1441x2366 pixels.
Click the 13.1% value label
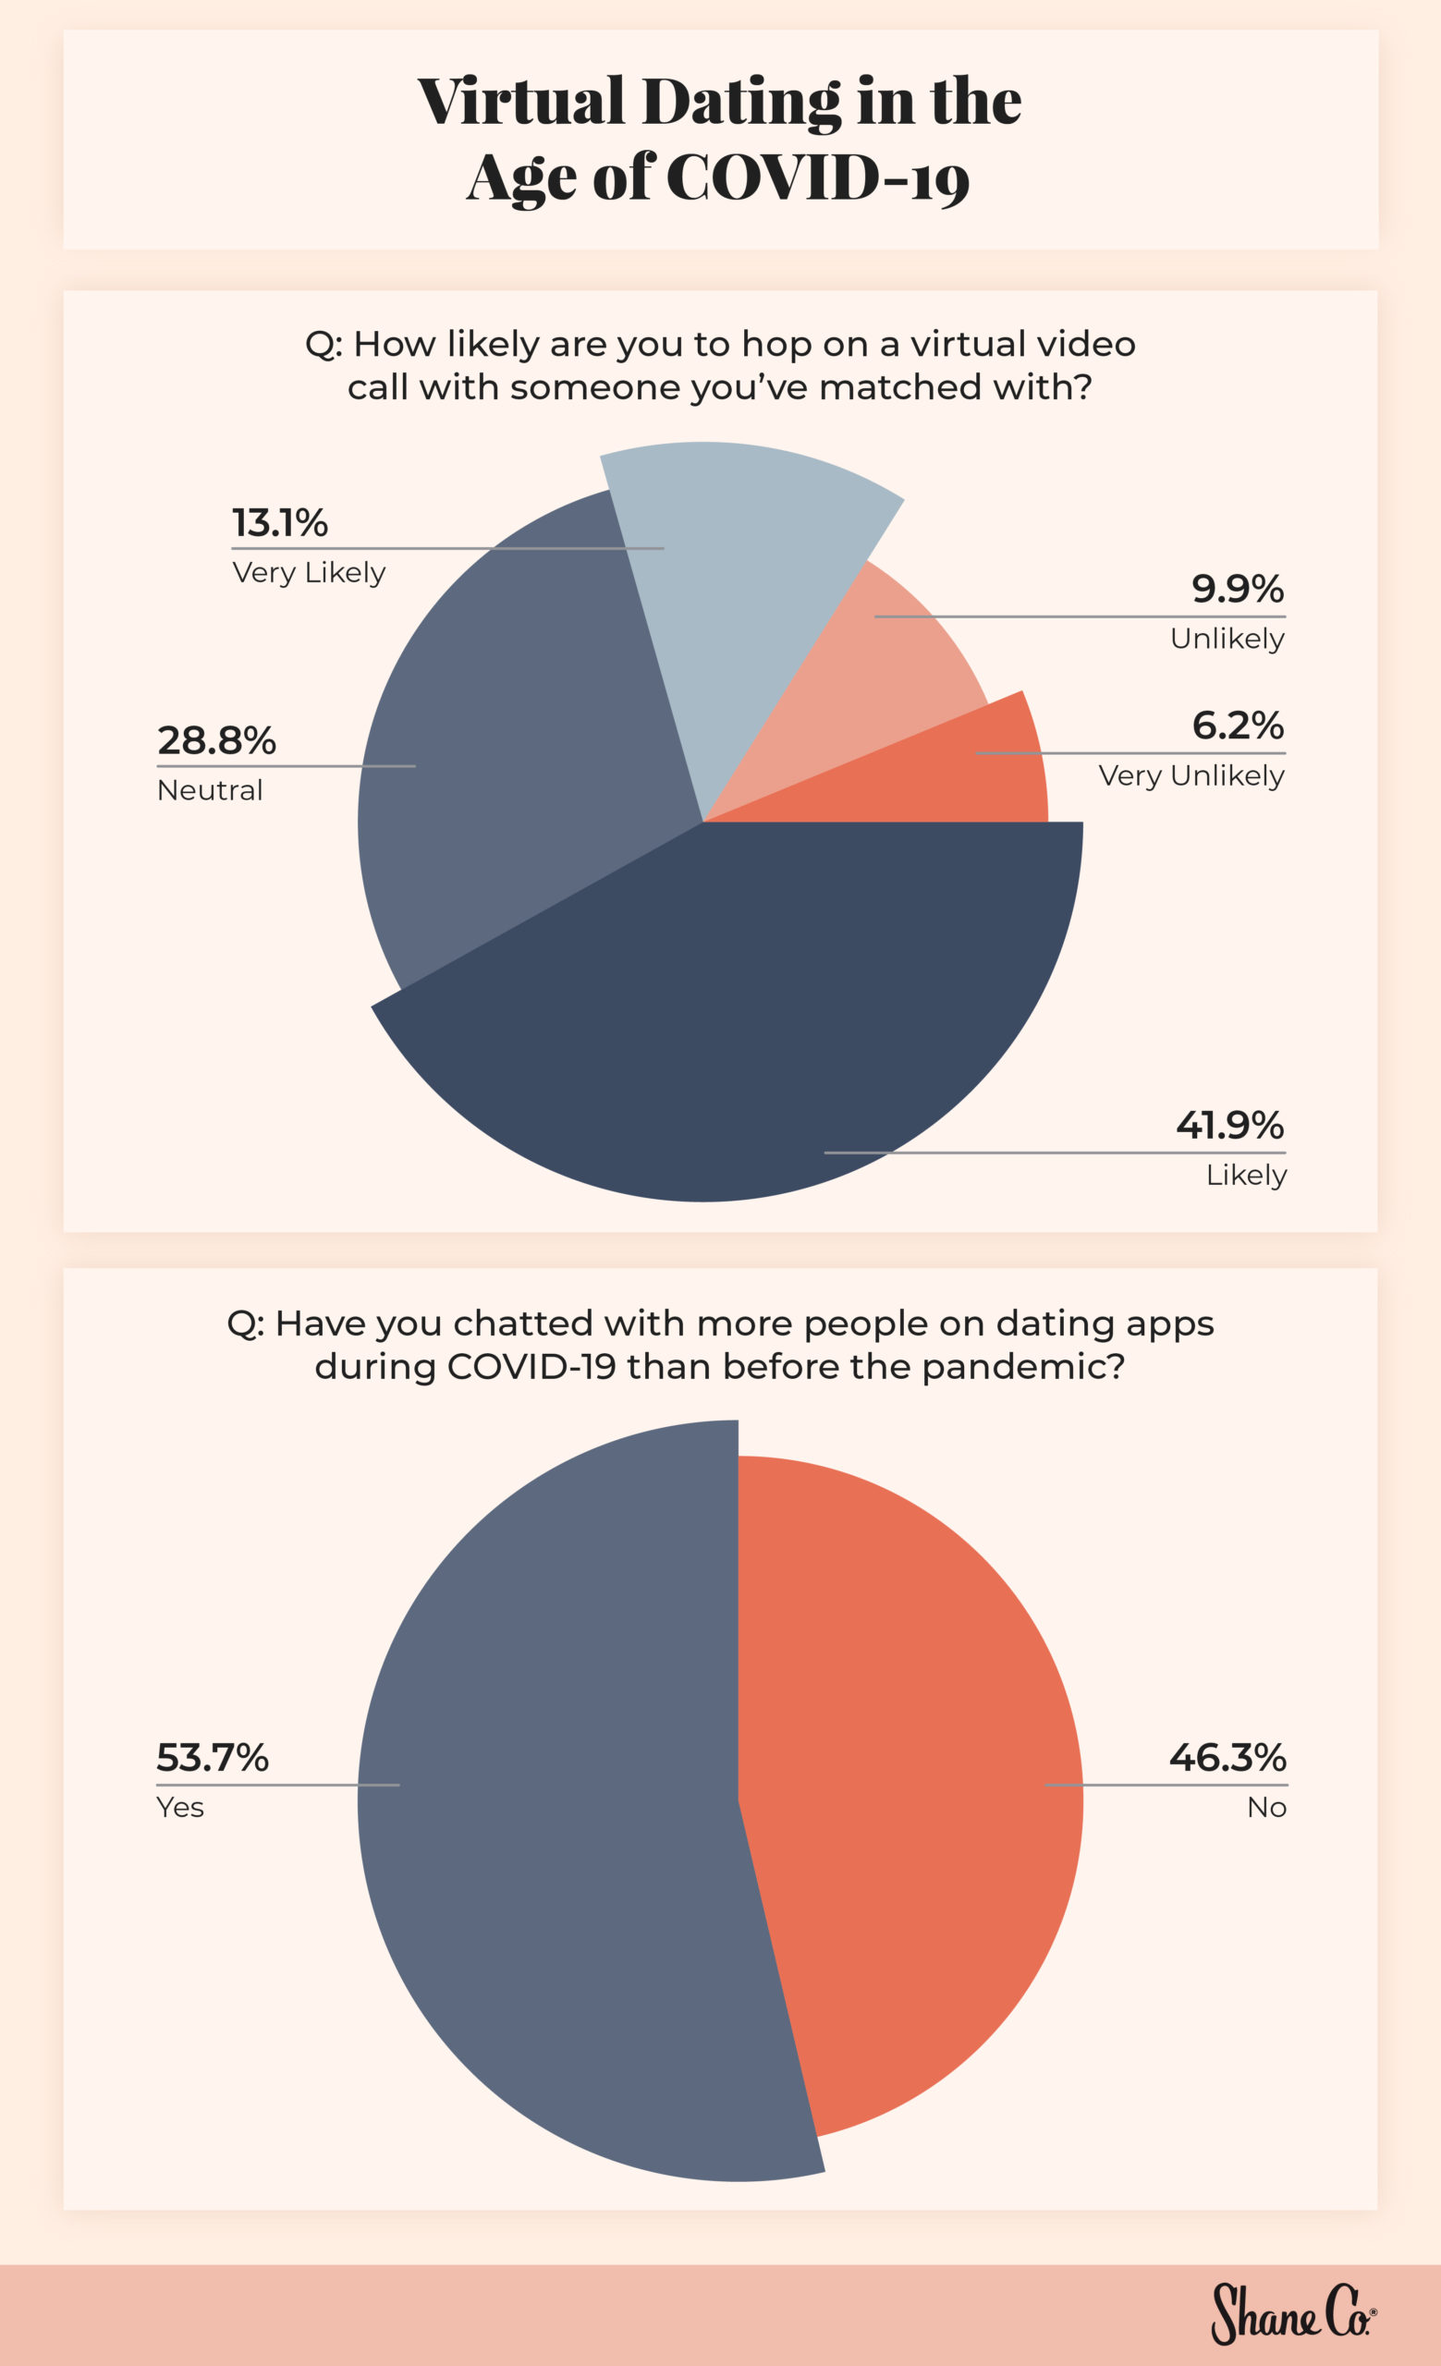click(279, 523)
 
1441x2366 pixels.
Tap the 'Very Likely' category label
click(308, 572)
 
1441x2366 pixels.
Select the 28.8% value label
click(216, 740)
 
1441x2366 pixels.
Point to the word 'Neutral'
click(209, 790)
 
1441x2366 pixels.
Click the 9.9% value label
click(1238, 589)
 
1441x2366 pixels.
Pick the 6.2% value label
click(1238, 725)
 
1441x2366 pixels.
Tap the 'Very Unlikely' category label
click(1191, 774)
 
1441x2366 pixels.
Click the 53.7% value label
click(213, 1757)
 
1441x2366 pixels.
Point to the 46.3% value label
click(1227, 1757)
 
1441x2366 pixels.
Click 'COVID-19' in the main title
click(818, 177)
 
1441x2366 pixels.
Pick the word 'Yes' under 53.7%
click(179, 1807)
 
